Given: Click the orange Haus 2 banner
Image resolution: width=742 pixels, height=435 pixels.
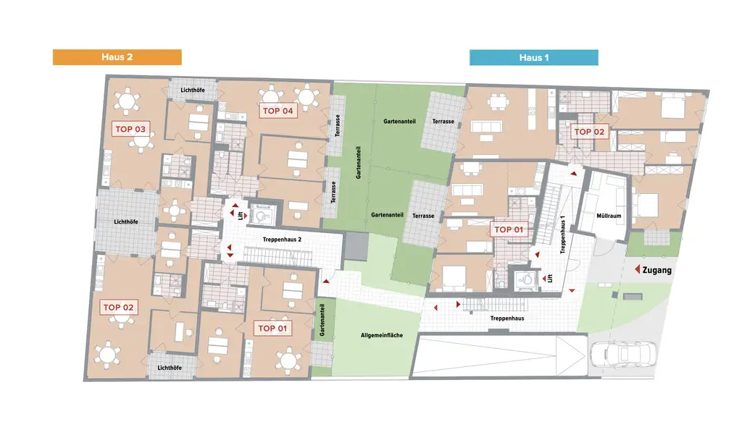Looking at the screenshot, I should [x=117, y=57].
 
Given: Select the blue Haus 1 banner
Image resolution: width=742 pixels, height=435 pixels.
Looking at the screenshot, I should [x=533, y=57].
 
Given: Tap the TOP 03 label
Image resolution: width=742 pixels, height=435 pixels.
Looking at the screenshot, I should [x=131, y=130].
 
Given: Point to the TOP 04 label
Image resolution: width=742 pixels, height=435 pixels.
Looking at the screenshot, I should [x=278, y=111].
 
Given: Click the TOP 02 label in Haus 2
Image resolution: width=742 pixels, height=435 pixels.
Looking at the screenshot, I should [x=119, y=308].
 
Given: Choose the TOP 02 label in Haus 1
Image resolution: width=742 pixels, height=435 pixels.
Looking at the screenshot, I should [x=589, y=132].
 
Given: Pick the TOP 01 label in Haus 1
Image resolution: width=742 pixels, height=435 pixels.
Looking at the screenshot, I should [x=509, y=230].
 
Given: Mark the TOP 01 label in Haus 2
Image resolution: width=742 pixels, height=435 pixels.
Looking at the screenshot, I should [x=272, y=328].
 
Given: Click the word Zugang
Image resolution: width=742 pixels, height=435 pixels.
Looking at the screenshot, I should [x=657, y=270].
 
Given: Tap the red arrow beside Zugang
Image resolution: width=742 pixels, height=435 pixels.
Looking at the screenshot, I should [x=638, y=270].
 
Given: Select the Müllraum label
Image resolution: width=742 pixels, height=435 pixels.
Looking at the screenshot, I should [x=609, y=214].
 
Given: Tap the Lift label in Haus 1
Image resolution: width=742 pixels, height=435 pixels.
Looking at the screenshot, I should [x=551, y=277].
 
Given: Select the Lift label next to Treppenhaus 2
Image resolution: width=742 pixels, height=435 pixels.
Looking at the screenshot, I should [x=239, y=215].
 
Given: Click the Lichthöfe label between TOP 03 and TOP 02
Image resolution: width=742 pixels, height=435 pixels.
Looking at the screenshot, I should [x=127, y=221].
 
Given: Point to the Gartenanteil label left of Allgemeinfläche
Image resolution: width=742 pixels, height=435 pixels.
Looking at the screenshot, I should [x=322, y=318].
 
